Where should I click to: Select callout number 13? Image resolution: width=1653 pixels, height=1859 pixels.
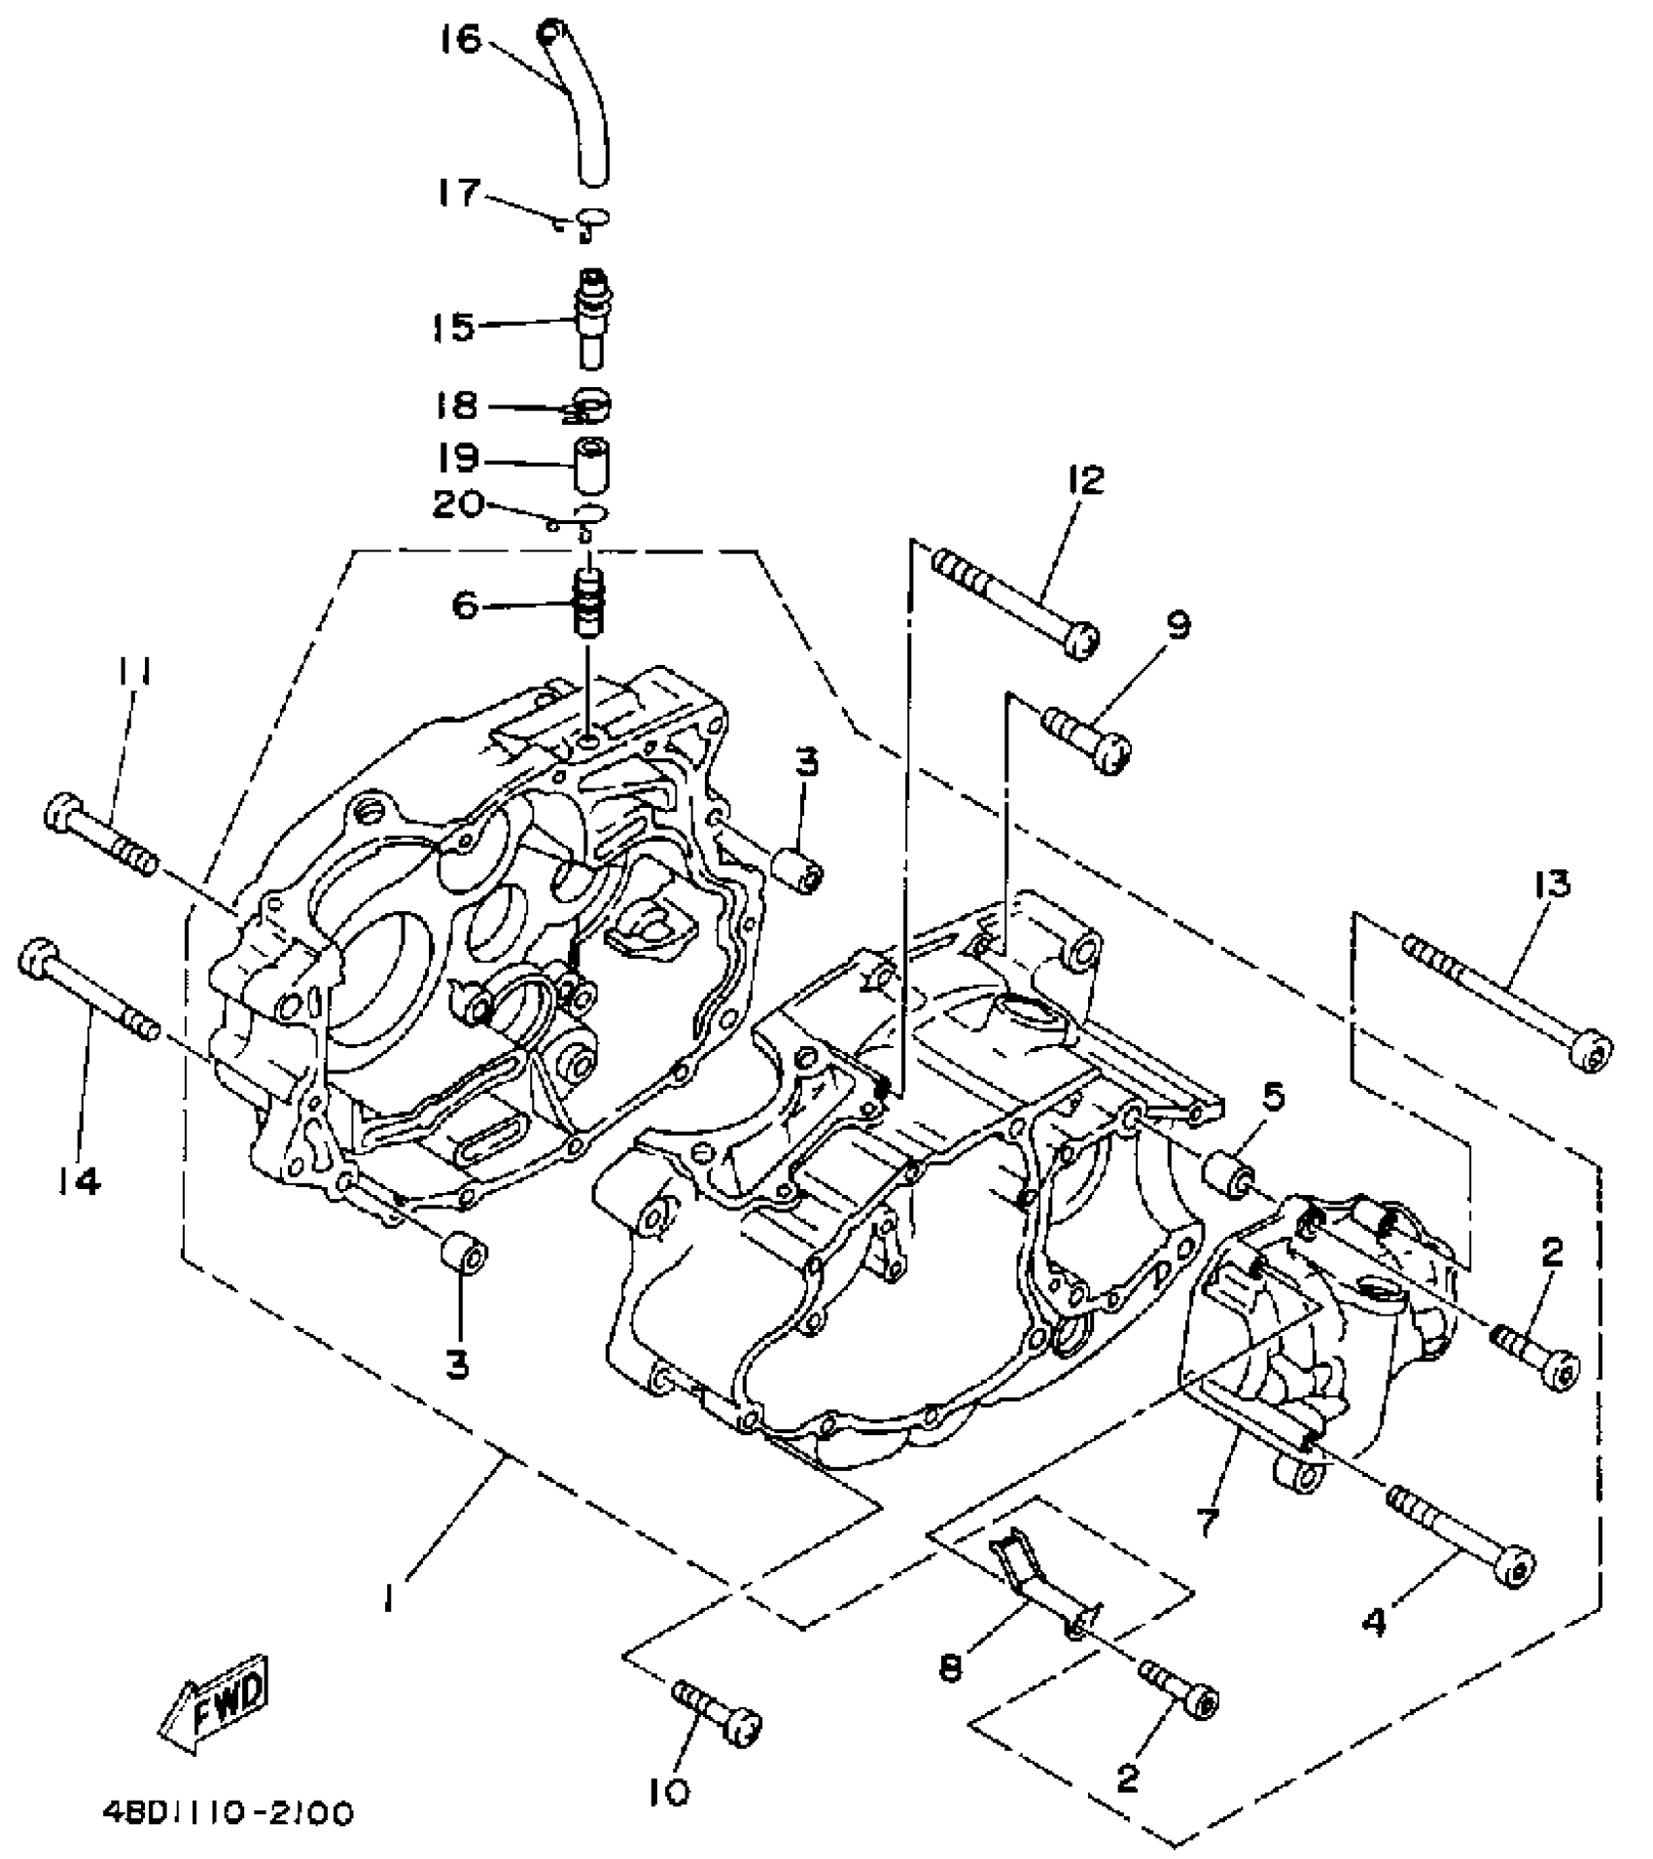tap(1553, 885)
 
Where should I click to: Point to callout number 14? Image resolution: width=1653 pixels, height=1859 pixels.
tap(79, 1181)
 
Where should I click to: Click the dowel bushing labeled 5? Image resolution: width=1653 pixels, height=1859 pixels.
tap(1230, 1174)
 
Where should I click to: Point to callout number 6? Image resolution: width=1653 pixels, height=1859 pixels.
tap(466, 607)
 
